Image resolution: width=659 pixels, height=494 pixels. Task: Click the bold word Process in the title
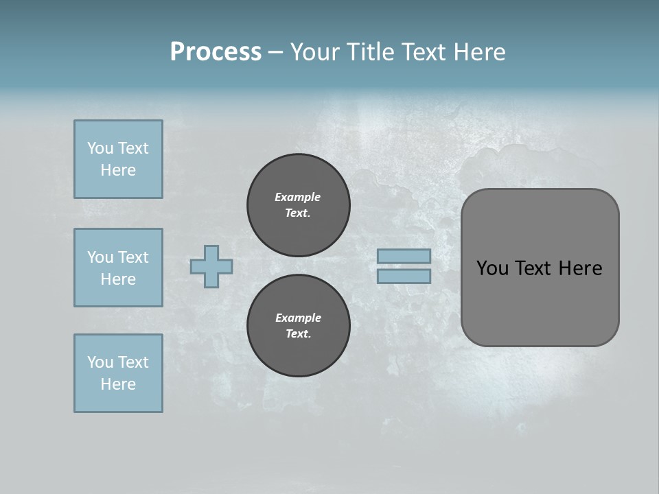click(x=216, y=52)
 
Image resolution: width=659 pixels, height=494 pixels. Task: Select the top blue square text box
click(x=118, y=159)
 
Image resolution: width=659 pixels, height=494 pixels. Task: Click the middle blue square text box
click(x=118, y=268)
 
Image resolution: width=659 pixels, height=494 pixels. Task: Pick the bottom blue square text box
click(x=118, y=373)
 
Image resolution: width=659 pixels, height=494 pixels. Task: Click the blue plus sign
click(x=211, y=266)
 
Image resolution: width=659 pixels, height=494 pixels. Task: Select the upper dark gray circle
click(x=298, y=204)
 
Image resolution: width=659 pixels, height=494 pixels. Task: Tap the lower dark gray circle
click(x=298, y=325)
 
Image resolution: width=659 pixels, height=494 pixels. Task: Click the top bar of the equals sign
click(x=404, y=256)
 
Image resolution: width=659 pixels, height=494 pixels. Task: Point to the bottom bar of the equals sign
click(x=404, y=277)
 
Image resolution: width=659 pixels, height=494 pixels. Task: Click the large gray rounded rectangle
click(x=540, y=268)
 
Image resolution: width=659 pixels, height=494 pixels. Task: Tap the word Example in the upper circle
click(x=298, y=197)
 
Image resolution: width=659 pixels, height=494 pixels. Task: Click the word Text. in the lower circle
click(x=298, y=334)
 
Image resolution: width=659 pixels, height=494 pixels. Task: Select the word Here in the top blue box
click(x=118, y=170)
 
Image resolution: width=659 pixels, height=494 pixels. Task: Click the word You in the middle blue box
click(x=100, y=257)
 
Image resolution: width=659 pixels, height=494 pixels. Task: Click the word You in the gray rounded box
click(x=492, y=268)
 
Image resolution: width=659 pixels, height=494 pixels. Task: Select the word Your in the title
click(x=314, y=52)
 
